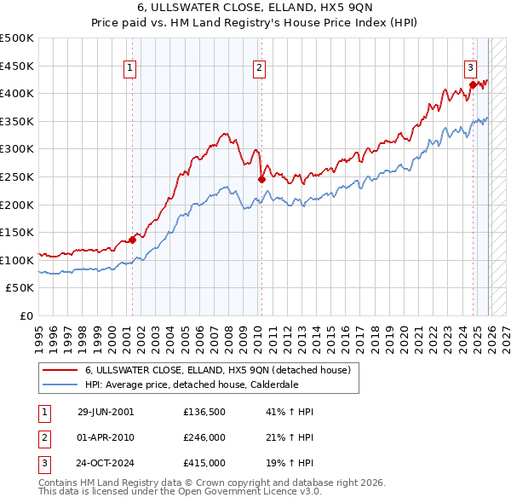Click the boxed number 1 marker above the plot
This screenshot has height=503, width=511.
(129, 69)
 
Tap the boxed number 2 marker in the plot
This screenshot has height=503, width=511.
(258, 69)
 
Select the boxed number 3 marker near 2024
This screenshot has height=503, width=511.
(470, 69)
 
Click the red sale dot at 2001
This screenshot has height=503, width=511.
(133, 240)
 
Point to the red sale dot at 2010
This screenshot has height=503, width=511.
(261, 179)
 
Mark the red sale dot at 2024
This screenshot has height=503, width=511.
(474, 84)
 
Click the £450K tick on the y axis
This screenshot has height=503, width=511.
(17, 66)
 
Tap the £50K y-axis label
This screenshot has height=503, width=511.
(20, 288)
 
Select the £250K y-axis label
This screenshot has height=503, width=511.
(17, 176)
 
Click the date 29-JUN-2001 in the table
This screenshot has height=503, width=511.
(106, 412)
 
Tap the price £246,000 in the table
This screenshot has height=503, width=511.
(204, 437)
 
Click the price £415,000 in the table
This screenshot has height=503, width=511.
(204, 463)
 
